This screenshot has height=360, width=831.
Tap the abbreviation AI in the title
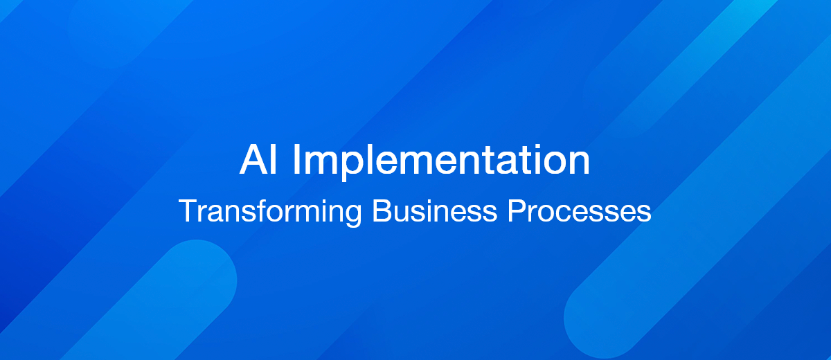click(260, 161)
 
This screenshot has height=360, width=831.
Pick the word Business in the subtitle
click(434, 210)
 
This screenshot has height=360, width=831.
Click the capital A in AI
click(253, 161)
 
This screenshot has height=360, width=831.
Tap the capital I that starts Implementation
click(296, 161)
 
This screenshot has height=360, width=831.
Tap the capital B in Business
click(381, 210)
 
